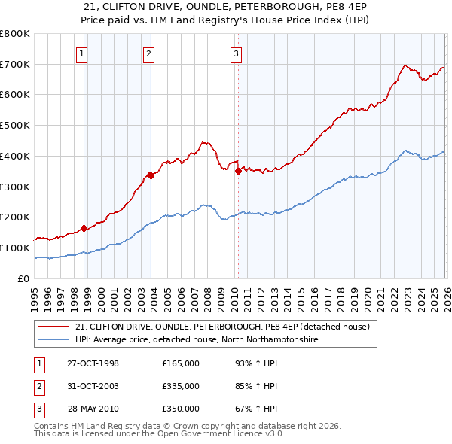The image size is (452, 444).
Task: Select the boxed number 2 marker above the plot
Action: point(149,53)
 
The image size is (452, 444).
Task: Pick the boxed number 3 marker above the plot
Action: point(236,53)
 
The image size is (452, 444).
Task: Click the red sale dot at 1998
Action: point(84,228)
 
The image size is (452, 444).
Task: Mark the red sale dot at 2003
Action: point(151,175)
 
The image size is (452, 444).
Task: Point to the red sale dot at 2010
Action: point(238,171)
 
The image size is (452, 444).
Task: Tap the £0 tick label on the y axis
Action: point(24,279)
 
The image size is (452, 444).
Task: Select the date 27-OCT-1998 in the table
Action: point(93,364)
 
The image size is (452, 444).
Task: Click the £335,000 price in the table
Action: point(180,387)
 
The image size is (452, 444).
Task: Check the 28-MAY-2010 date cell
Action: point(93,409)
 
